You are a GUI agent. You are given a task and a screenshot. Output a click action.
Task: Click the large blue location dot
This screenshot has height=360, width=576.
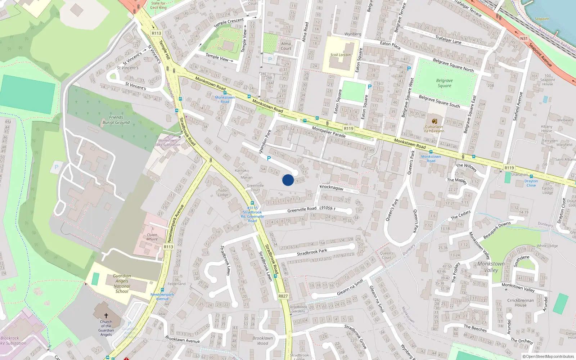(288, 180)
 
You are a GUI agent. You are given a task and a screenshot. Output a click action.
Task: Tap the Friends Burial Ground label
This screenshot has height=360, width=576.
(116, 120)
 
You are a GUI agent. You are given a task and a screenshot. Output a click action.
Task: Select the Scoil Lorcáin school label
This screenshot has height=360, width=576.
(341, 55)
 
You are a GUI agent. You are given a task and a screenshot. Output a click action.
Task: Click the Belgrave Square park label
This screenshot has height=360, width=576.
(445, 83)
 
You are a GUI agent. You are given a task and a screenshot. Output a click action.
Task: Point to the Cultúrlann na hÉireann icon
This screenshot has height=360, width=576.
(434, 121)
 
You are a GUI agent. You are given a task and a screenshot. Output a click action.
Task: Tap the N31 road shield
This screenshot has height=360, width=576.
(524, 39)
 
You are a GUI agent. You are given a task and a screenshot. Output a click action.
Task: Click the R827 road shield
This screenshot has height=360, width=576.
(283, 296)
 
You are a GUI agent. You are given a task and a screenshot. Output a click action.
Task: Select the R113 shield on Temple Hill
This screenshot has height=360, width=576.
(156, 33)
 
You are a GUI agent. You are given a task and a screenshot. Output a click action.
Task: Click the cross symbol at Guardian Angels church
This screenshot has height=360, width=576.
(106, 315)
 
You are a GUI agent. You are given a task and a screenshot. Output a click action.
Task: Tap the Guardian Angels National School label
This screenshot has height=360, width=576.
(122, 284)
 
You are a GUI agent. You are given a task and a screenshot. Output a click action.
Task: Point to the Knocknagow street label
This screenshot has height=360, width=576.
(332, 188)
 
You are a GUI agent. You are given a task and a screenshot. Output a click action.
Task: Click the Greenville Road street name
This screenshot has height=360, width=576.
(302, 210)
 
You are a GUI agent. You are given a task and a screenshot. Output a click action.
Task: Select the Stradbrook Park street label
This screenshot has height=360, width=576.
(312, 252)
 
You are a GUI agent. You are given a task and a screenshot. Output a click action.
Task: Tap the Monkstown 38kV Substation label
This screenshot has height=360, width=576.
(167, 143)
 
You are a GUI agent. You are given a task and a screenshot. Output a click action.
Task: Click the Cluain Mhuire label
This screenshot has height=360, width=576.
(152, 237)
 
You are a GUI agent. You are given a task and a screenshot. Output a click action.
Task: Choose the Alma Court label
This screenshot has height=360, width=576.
(286, 46)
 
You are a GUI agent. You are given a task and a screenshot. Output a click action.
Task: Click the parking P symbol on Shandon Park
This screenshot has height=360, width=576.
(269, 158)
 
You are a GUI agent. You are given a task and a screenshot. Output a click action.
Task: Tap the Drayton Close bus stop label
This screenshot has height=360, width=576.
(531, 183)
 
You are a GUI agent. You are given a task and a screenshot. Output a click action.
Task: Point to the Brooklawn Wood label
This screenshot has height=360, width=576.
(263, 341)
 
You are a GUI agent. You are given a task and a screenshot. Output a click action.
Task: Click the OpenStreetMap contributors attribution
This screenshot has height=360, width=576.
(549, 356)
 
